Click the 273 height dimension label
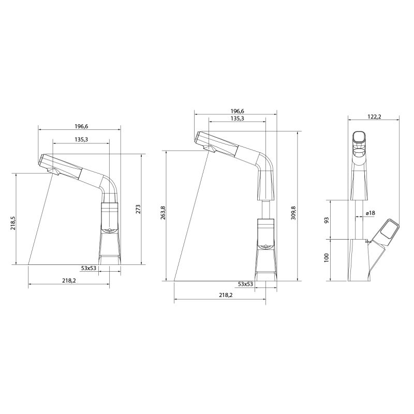[x=138, y=209]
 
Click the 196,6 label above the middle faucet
[x=236, y=111]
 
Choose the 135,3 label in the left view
[x=80, y=139]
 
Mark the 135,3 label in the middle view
[x=236, y=119]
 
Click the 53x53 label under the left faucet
[x=89, y=268]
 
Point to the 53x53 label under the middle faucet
[x=245, y=284]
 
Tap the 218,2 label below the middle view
[x=225, y=295]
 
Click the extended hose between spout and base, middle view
[x=264, y=209]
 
